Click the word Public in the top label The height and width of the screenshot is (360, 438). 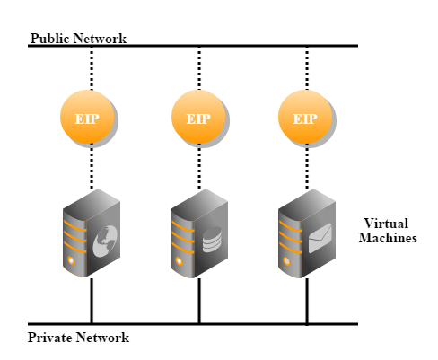click(50, 39)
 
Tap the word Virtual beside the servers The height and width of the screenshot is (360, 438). click(386, 224)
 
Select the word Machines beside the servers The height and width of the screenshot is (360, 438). click(388, 238)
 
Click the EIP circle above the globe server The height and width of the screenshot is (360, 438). click(87, 117)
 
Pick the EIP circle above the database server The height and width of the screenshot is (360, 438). click(198, 117)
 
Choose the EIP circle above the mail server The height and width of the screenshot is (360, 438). click(305, 117)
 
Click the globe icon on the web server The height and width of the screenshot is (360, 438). click(105, 241)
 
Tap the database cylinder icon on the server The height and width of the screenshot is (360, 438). click(212, 240)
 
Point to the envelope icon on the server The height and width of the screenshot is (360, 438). click(320, 238)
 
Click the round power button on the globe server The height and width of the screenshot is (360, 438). click(71, 260)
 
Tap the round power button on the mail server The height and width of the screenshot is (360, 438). click(286, 261)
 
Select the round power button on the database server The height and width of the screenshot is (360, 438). click(179, 261)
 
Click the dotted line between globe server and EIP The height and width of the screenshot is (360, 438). click(92, 166)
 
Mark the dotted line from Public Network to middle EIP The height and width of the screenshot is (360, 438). click(199, 68)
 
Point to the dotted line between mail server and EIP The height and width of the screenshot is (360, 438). click(307, 166)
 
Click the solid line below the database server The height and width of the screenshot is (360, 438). click(199, 301)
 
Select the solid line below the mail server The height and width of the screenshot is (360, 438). click(307, 301)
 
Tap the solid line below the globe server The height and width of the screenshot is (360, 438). click(92, 301)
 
